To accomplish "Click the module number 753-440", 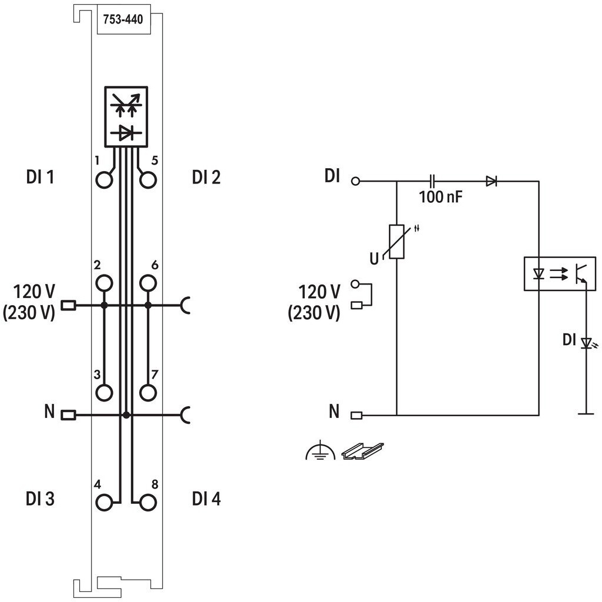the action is [x=123, y=19].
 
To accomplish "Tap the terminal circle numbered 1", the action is [x=104, y=180].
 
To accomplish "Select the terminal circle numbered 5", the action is [x=148, y=180].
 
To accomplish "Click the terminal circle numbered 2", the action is [x=104, y=284].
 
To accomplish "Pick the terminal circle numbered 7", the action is [x=148, y=393].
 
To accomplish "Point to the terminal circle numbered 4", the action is [x=104, y=503].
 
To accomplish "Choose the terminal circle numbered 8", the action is [x=148, y=503].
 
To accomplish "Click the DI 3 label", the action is [x=41, y=499].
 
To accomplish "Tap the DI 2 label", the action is [x=206, y=177].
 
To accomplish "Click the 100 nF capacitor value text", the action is [x=440, y=197].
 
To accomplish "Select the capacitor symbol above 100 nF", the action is [x=432, y=181].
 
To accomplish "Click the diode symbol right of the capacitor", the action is [x=492, y=181].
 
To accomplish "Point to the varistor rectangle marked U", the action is [x=396, y=242].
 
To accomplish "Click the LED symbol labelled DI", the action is [x=586, y=343].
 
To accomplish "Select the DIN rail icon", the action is [x=363, y=451].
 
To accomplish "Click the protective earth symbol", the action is [x=320, y=453].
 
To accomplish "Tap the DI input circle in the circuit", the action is [x=355, y=181].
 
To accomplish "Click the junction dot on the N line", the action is [x=126, y=415].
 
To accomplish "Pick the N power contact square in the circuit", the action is [x=357, y=415].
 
